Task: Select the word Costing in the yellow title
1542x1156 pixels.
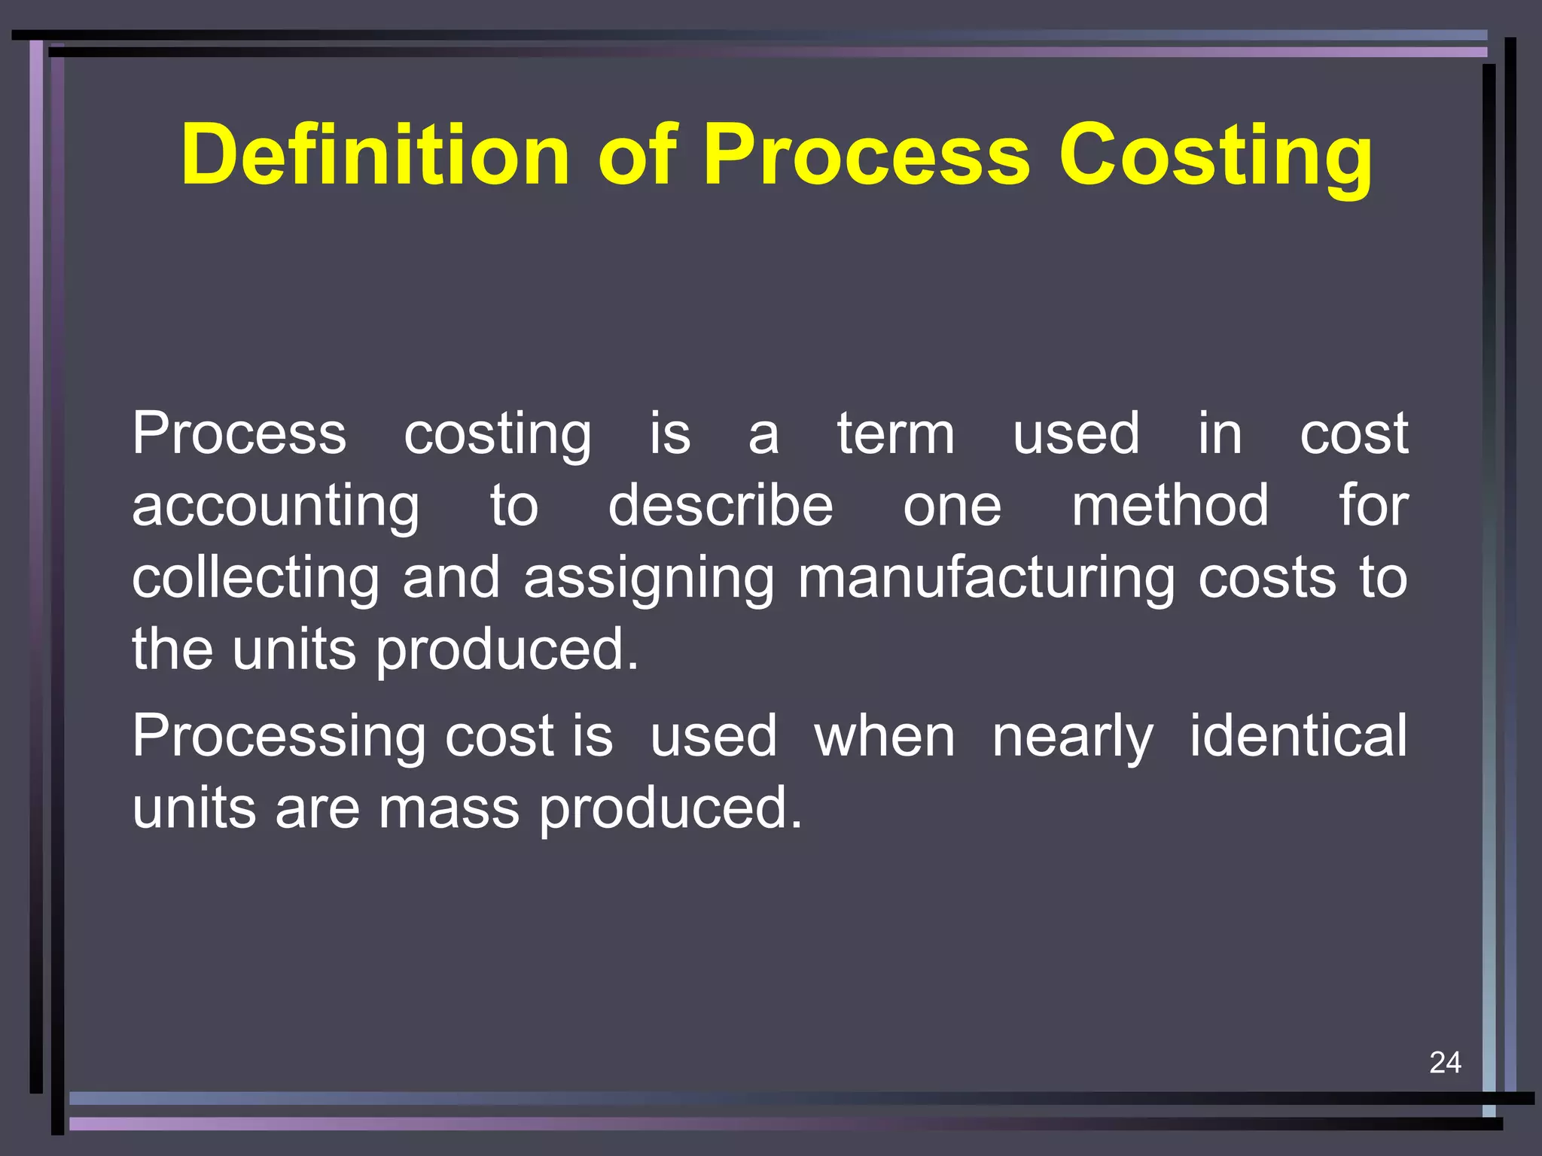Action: pyautogui.click(x=1215, y=156)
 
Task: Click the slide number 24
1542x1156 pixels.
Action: pyautogui.click(x=1445, y=1062)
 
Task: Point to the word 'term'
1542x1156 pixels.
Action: pyautogui.click(x=896, y=434)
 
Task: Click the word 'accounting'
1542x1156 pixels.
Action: pyautogui.click(x=276, y=507)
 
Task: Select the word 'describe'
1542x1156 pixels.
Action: pyautogui.click(x=721, y=506)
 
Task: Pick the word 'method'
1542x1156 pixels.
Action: pyautogui.click(x=1170, y=506)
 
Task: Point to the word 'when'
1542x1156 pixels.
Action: pyautogui.click(x=885, y=736)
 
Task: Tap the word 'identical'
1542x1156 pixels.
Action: pyautogui.click(x=1298, y=735)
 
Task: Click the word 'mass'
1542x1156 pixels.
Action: pyautogui.click(x=449, y=808)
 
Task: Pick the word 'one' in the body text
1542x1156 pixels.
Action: pyautogui.click(x=952, y=507)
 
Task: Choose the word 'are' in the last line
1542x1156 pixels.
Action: pyautogui.click(x=318, y=808)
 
